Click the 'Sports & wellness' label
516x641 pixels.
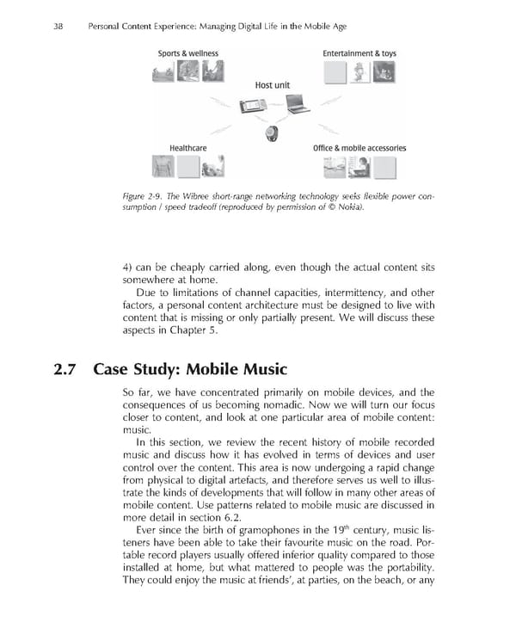click(187, 53)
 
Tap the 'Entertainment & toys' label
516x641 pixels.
click(360, 53)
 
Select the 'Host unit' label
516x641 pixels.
click(276, 86)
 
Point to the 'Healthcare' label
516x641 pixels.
click(187, 148)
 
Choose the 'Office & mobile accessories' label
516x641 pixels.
click(359, 148)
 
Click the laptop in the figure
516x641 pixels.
click(298, 108)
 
